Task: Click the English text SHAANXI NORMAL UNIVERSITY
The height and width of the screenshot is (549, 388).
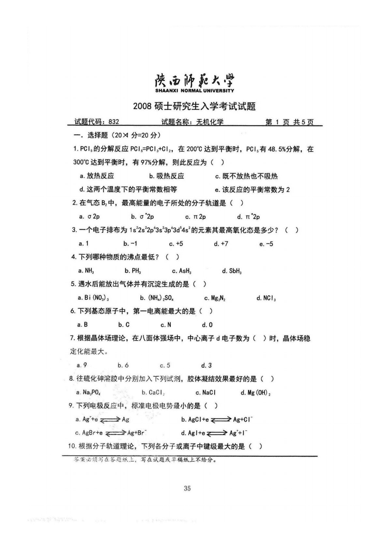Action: click(194, 90)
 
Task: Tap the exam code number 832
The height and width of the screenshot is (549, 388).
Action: click(114, 122)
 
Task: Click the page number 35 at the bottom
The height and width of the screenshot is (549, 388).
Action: click(187, 488)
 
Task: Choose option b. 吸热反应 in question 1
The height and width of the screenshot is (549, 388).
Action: click(167, 176)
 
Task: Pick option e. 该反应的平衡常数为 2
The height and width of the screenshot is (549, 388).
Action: click(252, 190)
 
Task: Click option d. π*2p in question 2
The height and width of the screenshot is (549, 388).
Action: click(248, 217)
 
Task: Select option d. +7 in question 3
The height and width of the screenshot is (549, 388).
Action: click(221, 244)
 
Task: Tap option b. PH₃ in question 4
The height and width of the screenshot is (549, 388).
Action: click(133, 271)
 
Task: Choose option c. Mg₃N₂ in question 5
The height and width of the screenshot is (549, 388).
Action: click(215, 298)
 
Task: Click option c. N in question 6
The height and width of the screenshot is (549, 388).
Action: click(166, 325)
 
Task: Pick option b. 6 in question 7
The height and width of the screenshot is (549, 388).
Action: click(123, 365)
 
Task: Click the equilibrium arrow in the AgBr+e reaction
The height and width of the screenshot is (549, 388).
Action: click(115, 433)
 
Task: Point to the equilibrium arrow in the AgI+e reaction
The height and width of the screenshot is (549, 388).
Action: click(217, 433)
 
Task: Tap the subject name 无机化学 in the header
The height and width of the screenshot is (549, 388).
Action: click(210, 122)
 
